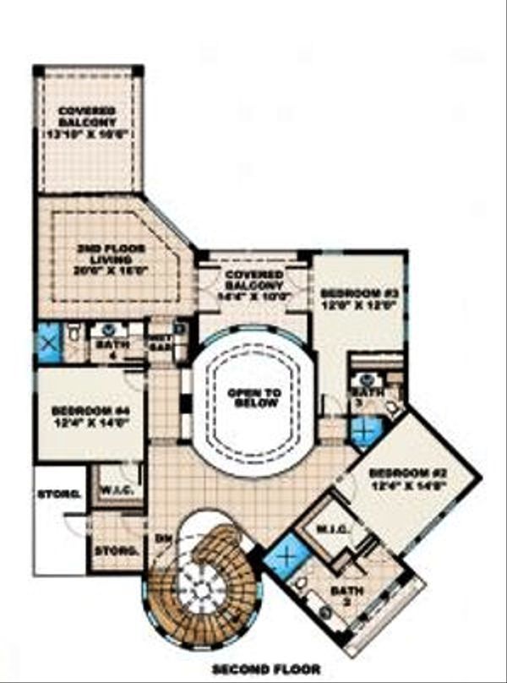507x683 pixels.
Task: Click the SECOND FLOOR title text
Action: coord(266,670)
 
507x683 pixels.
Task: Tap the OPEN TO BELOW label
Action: coord(250,398)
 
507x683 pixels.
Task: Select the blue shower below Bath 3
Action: coord(366,434)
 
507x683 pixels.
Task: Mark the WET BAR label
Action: coord(160,342)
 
